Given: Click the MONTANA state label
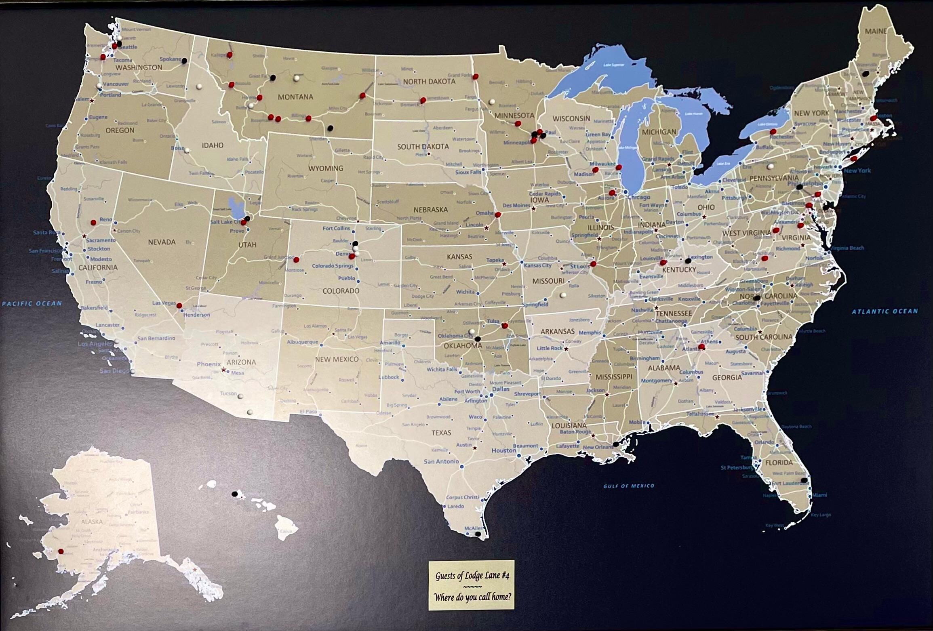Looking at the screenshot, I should [x=295, y=97].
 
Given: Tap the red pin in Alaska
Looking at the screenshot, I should [x=61, y=551].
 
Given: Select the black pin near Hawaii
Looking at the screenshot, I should [x=234, y=494].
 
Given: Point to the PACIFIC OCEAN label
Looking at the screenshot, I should [x=32, y=303].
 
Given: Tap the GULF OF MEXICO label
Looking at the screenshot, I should [x=629, y=486].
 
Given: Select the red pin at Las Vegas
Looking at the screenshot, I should [x=179, y=305].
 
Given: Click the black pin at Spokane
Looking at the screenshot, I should [x=184, y=61].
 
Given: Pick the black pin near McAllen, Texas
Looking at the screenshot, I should [x=478, y=534].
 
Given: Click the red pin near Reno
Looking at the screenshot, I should [x=93, y=222].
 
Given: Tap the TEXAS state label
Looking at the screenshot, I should [x=441, y=433].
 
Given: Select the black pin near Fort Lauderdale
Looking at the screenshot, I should [x=804, y=480].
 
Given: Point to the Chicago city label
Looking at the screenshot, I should [x=639, y=197].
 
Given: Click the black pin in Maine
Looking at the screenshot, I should [x=866, y=74].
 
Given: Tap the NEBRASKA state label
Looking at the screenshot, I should [x=430, y=210].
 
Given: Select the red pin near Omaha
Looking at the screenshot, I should [x=498, y=215].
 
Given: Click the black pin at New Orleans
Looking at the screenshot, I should [x=615, y=444].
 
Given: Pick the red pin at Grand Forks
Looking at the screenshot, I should [x=476, y=76].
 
